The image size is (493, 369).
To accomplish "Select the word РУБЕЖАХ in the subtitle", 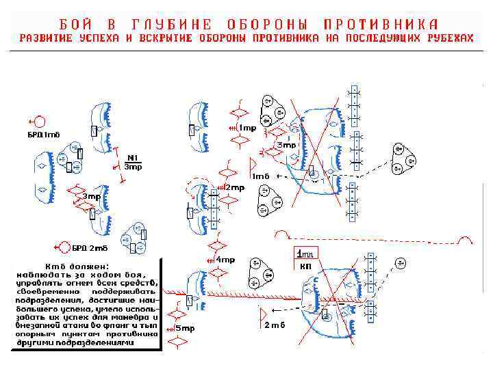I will click(448, 38).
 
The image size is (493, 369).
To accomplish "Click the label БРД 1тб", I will click(43, 134).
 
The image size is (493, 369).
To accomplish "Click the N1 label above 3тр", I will click(133, 159).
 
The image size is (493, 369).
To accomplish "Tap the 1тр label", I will click(247, 128).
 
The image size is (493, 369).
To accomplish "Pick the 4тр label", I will click(225, 260).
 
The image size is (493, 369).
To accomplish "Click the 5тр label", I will click(186, 329).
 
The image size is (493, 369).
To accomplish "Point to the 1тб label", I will click(261, 176).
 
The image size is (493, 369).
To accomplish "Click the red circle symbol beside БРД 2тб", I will click(64, 247).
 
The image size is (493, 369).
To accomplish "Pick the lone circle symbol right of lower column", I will click(400, 262).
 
